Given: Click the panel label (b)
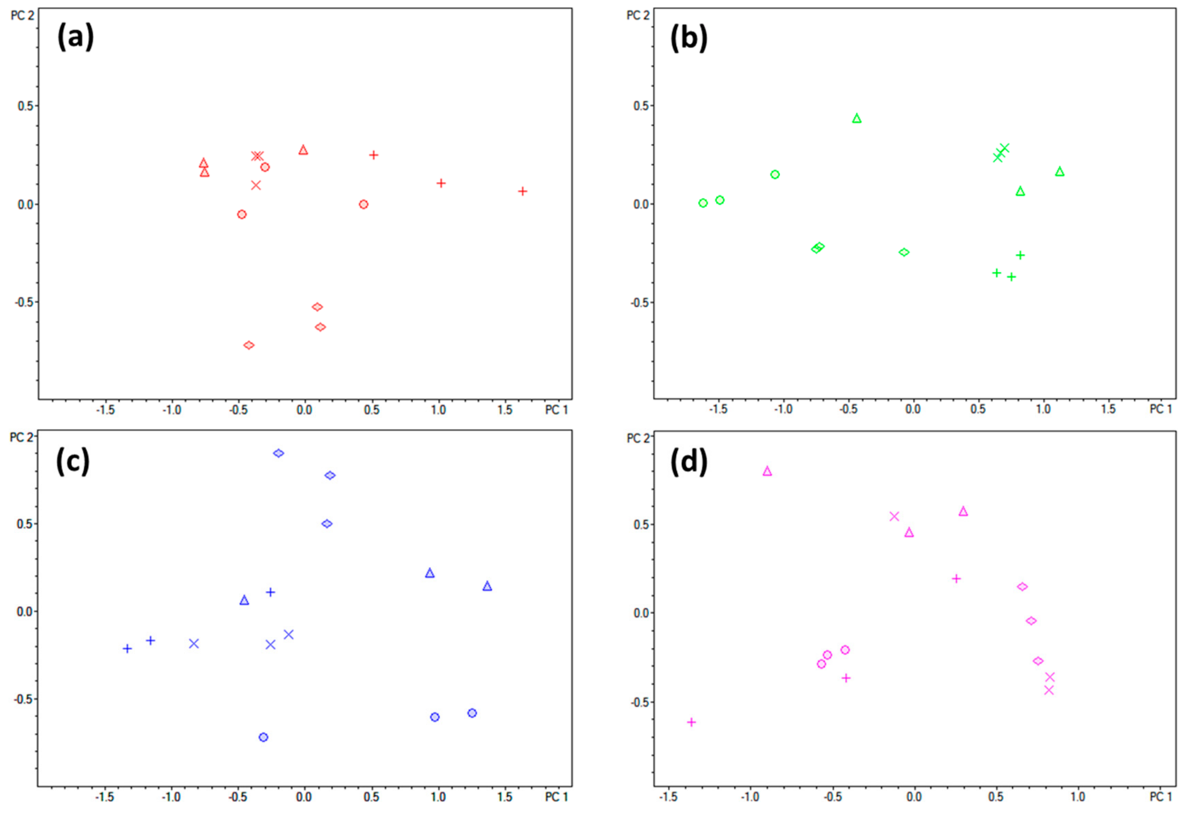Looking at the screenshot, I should (x=689, y=37).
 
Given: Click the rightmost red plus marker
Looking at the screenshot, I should (x=522, y=191).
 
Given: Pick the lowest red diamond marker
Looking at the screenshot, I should (x=249, y=345).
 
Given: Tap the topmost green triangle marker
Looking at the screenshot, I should (x=857, y=118).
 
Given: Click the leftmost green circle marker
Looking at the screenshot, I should (x=703, y=203).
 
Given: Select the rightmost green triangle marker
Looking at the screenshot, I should (x=1060, y=172).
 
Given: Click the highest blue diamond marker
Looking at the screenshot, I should (x=278, y=453).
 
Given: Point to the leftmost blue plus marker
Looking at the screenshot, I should (x=127, y=649).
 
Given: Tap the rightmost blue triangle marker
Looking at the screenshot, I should (x=487, y=586).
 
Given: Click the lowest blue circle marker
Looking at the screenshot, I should (x=263, y=737).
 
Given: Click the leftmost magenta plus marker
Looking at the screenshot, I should (x=691, y=722).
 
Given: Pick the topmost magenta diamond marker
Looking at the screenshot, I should (x=1022, y=586).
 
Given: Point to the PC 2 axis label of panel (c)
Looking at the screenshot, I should (x=22, y=438).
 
